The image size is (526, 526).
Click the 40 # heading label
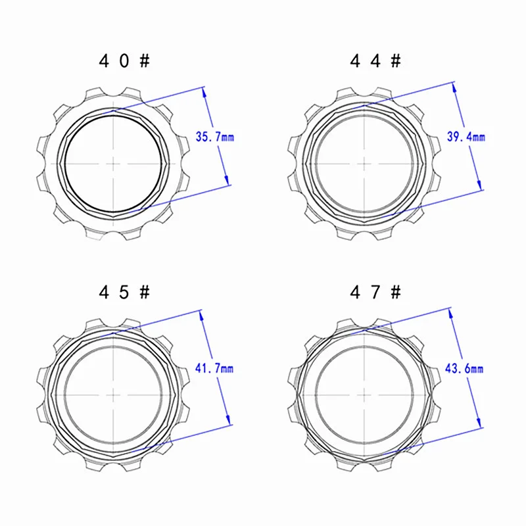click(124, 61)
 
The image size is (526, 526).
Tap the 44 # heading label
click(375, 61)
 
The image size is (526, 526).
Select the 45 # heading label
click(124, 292)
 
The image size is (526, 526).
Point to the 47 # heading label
click(375, 292)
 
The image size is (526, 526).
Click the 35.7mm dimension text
click(215, 137)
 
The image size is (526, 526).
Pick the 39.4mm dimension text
click(466, 137)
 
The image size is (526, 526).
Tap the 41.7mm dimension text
click(214, 368)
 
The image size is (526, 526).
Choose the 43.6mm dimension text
click(464, 369)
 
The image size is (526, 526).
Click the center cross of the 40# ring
click(113, 164)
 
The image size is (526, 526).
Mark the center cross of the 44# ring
click(365, 164)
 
